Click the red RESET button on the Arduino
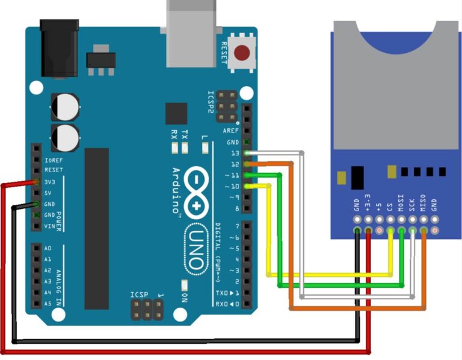pos(242,53)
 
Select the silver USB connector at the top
pos(191,33)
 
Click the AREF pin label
pos(231,131)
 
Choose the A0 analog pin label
pos(48,248)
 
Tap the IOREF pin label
pos(53,160)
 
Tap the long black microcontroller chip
pos(96,229)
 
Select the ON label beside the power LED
pos(185,297)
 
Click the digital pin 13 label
pos(235,153)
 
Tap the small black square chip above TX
pos(176,113)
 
